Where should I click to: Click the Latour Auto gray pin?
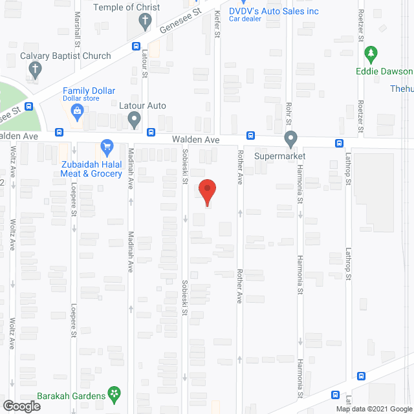point(134,119)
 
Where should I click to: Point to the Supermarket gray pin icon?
point(290,138)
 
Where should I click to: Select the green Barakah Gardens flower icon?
point(114,393)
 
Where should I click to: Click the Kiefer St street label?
point(217,22)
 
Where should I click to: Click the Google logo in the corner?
point(20,406)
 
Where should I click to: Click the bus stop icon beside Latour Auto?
point(150,132)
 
